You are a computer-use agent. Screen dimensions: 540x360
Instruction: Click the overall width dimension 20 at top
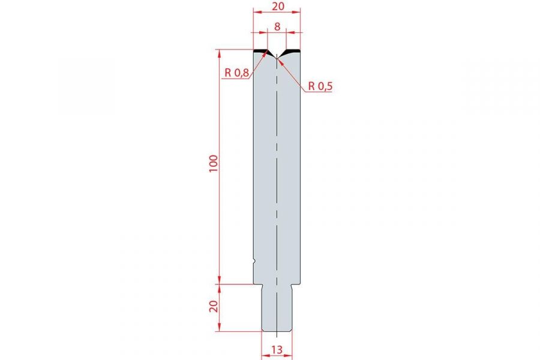[278, 6]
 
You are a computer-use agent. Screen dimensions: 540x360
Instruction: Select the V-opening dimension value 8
[277, 26]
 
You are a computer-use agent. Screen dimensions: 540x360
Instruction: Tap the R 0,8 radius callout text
[236, 73]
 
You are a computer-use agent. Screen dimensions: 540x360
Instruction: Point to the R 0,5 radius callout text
[320, 86]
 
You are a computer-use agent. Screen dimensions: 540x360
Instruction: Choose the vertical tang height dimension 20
[214, 306]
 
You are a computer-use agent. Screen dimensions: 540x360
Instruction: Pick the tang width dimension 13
[277, 350]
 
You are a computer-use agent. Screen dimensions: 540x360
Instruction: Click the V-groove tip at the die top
[277, 59]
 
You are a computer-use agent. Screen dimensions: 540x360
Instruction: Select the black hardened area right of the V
[292, 52]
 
